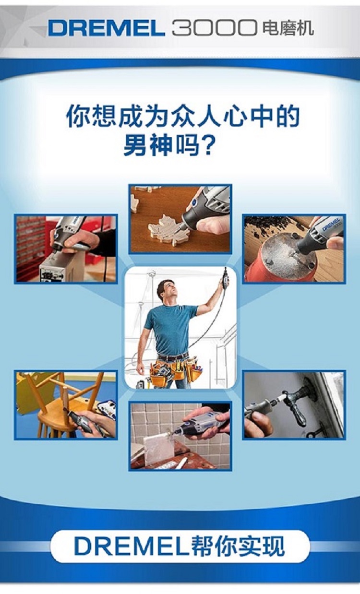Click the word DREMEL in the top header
tap(106, 28)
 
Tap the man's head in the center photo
tap(166, 290)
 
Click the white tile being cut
tap(158, 451)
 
